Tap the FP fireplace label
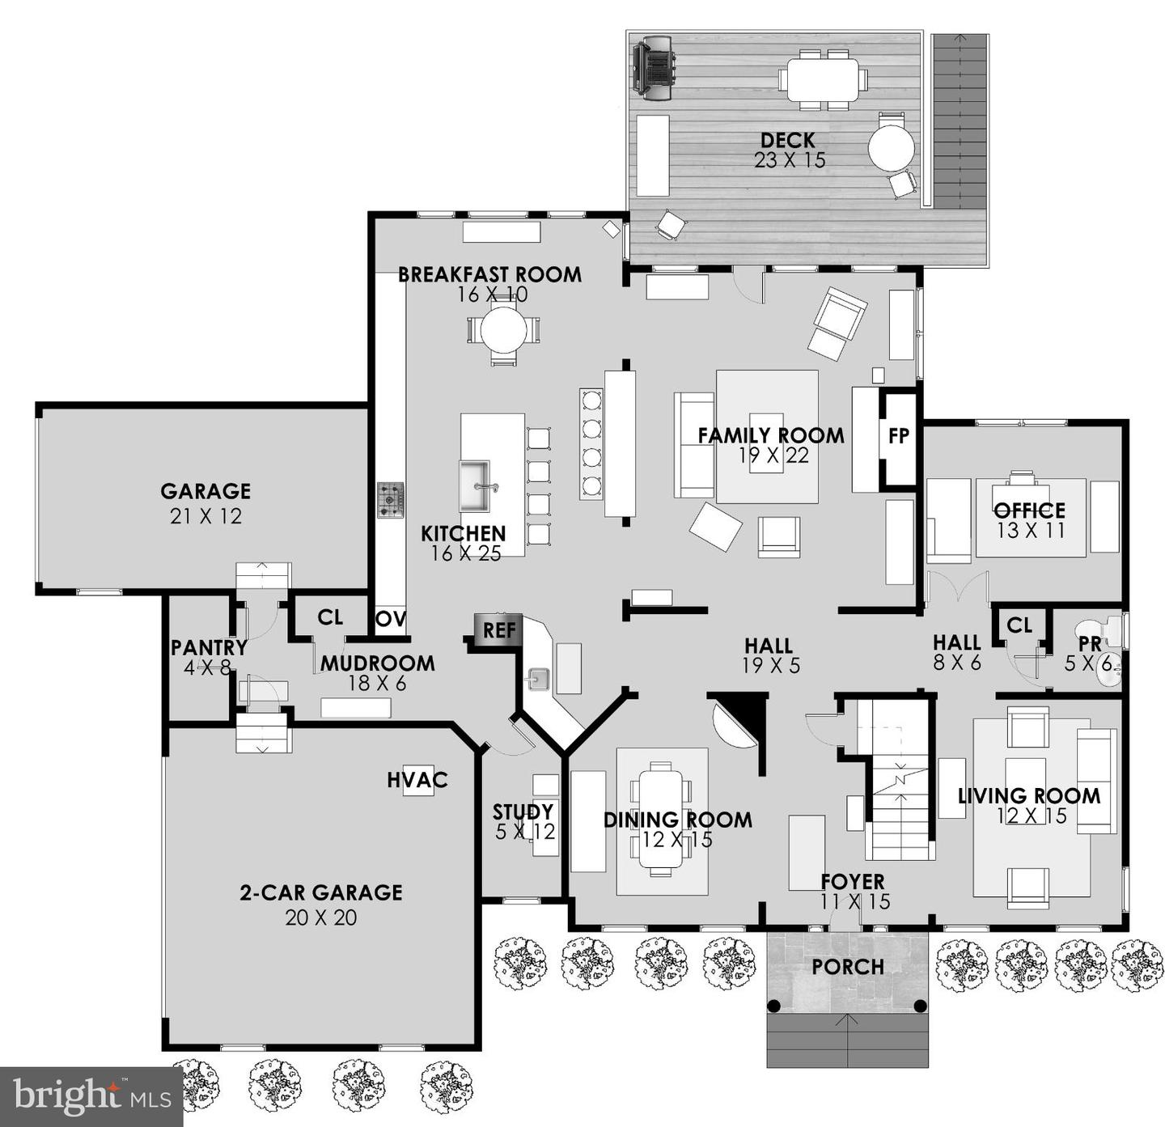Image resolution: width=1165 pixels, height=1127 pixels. coord(899,436)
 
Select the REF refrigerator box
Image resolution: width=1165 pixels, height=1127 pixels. coord(499,630)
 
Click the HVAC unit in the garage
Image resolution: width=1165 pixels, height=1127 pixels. coord(417,781)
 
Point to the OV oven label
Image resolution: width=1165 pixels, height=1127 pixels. coord(390,619)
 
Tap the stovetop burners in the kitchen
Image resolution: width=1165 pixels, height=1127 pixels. coord(391,500)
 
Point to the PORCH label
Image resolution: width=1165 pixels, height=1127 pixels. coord(848,967)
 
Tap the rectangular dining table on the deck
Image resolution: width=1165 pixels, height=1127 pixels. coord(823,79)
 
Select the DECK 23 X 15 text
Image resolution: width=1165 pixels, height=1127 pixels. coord(789,150)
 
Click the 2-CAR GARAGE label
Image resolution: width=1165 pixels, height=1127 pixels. coord(321,892)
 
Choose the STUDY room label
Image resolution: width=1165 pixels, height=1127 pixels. coord(523,811)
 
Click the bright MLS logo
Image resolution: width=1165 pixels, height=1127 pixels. coord(91,1097)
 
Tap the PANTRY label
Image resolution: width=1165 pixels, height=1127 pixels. coord(209,647)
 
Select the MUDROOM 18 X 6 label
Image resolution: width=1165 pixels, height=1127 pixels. coord(377,672)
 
